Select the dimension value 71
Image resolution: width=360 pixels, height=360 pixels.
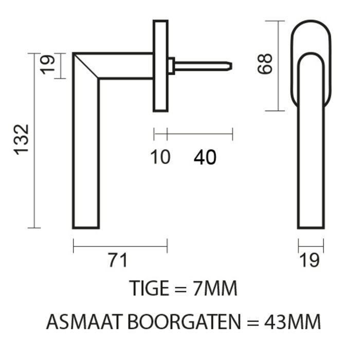pos(118,261)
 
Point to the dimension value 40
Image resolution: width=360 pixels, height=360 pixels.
pos(205,157)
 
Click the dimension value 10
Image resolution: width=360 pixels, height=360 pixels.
pos(160,157)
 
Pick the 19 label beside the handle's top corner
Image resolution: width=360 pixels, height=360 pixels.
pos(47,65)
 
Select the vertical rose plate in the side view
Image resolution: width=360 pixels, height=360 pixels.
pos(160,66)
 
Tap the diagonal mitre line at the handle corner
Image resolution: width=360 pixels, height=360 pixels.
pos(86,66)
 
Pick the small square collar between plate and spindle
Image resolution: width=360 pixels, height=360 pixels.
pos(171,66)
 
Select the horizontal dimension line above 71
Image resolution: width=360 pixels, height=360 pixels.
pos(120,247)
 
